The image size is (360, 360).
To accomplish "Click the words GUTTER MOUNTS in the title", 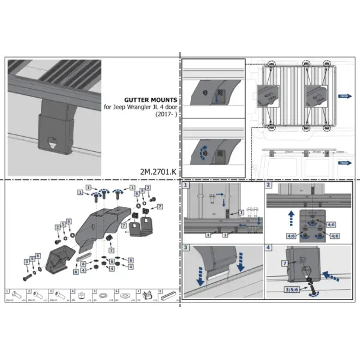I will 149,100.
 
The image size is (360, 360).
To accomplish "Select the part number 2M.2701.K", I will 158,171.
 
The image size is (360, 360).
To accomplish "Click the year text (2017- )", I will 164,114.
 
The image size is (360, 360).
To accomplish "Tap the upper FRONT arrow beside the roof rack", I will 345,95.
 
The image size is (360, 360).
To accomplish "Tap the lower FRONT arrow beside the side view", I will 345,163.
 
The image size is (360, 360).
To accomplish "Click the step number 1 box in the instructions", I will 187,186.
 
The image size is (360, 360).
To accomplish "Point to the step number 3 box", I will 187,247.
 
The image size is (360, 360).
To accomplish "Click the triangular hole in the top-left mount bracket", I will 53,142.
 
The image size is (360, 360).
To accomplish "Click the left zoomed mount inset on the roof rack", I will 268,94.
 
